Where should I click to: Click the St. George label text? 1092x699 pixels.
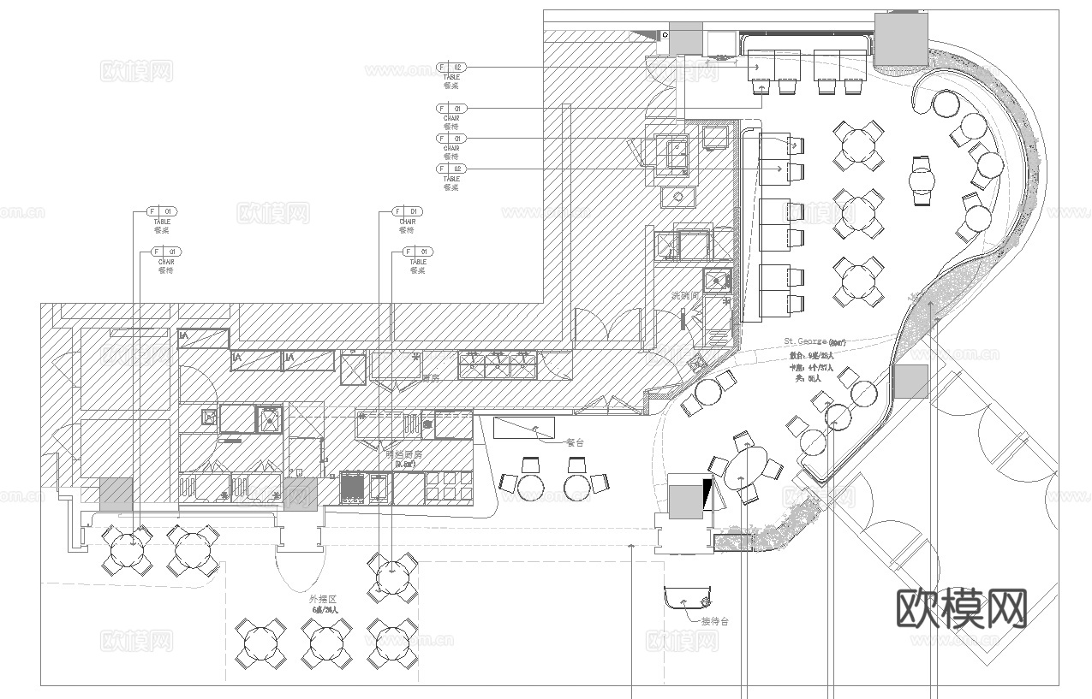805,341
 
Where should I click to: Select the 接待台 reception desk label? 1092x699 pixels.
714,621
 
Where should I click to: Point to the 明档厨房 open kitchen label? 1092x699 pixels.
403,455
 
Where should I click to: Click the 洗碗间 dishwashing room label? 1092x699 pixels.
686,295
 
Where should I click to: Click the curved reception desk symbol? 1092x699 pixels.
688,595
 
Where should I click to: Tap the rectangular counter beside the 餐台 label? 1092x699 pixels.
524,426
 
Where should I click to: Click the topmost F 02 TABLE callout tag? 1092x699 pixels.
451,67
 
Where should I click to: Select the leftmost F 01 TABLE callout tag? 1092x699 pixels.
162,211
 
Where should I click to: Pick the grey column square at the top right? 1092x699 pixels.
900,40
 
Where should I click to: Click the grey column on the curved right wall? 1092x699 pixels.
910,382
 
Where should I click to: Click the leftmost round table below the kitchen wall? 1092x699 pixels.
126,548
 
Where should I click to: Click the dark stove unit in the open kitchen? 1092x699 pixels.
353,489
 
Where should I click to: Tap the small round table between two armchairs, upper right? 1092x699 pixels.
921,181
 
